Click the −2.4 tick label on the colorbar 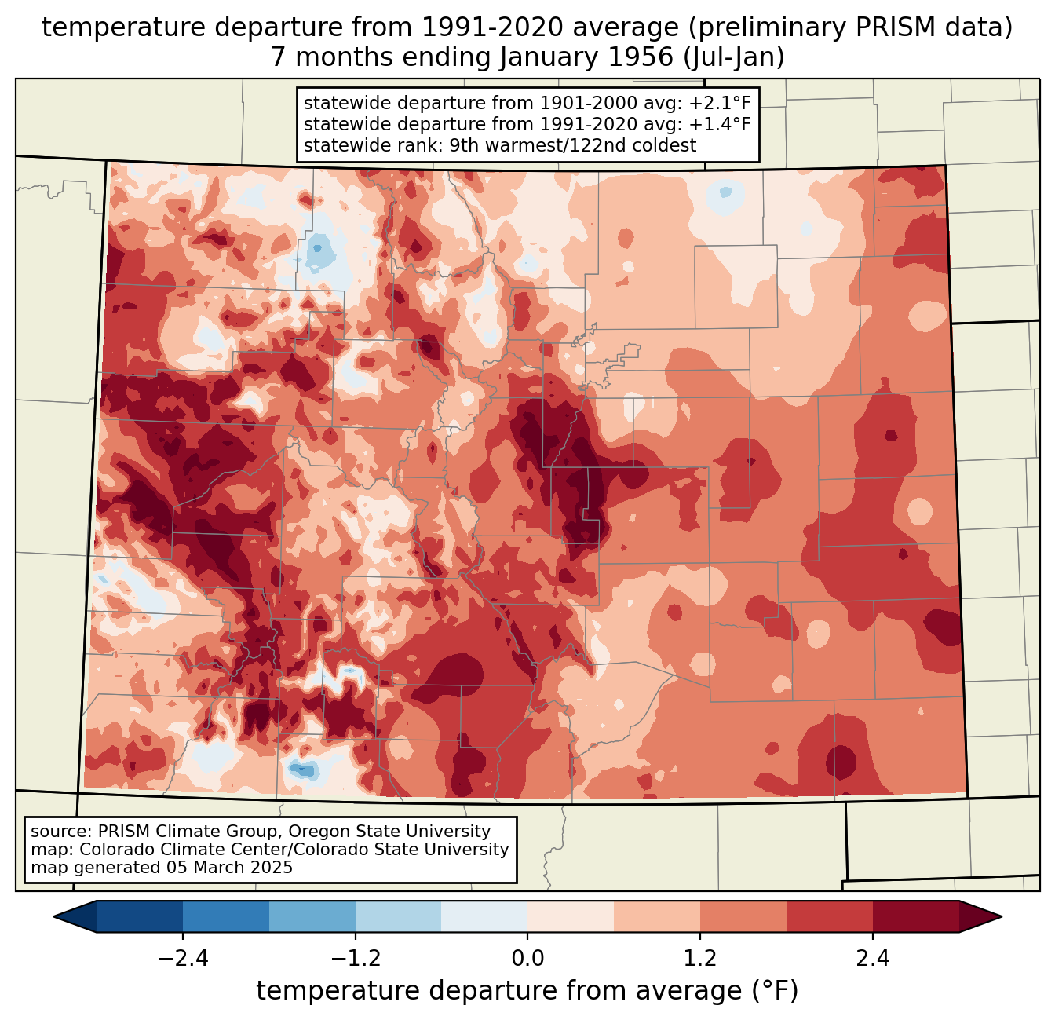click(x=182, y=959)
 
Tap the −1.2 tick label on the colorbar click(x=355, y=959)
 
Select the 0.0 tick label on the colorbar click(x=527, y=959)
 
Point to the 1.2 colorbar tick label click(x=700, y=959)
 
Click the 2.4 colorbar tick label click(x=873, y=959)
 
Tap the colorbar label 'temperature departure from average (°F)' click(x=527, y=991)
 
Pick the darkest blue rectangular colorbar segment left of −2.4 click(x=140, y=916)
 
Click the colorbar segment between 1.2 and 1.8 click(x=743, y=916)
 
